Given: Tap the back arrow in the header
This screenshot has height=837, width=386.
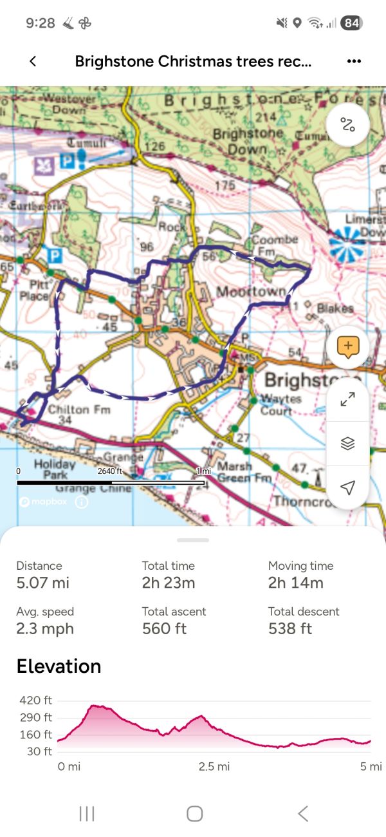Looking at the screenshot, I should pyautogui.click(x=33, y=61).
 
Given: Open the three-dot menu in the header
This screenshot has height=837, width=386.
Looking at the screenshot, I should pyautogui.click(x=354, y=61).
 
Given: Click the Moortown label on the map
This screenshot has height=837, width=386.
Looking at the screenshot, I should pyautogui.click(x=251, y=292).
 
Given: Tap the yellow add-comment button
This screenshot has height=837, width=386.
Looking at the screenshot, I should pyautogui.click(x=348, y=347).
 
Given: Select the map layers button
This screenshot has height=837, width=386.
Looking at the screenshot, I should pyautogui.click(x=348, y=444).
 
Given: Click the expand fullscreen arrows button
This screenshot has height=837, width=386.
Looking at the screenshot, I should pyautogui.click(x=348, y=400).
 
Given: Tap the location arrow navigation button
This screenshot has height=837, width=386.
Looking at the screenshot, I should pyautogui.click(x=348, y=487).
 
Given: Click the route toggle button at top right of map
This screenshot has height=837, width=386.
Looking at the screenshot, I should pyautogui.click(x=348, y=125).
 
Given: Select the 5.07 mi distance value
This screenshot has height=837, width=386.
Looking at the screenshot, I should pyautogui.click(x=42, y=583).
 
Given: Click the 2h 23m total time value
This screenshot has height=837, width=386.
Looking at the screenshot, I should pyautogui.click(x=169, y=583).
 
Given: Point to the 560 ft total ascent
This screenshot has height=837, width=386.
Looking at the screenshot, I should pyautogui.click(x=164, y=629).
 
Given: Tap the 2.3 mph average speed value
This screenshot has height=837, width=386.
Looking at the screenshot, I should pyautogui.click(x=45, y=629).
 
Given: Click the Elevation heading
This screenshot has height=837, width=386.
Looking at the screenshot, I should pyautogui.click(x=59, y=666).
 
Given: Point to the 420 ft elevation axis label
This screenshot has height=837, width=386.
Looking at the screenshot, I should pyautogui.click(x=37, y=701).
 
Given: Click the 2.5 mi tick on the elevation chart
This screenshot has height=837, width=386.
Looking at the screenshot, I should pyautogui.click(x=214, y=767).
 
